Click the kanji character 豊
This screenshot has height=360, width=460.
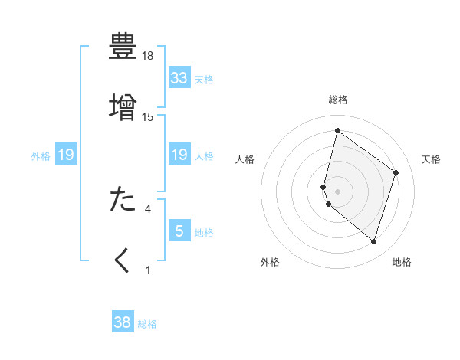pos(123,46)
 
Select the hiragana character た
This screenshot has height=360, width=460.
pos(123,198)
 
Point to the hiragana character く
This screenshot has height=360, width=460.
pos(123,260)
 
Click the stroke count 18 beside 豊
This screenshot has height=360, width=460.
pos(148,57)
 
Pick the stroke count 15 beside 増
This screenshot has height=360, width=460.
pos(148,116)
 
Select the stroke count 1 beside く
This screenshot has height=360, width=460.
pos(148,270)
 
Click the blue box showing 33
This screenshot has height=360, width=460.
pos(179,77)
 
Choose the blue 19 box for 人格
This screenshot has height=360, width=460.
pos(179,155)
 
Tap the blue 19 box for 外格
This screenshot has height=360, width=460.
pos(66,155)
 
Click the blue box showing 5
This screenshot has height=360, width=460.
pos(179,231)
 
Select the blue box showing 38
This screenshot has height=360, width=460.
pos(123,322)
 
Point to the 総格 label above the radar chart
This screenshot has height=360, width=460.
pos(338,100)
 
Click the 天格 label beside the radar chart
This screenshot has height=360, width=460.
pos(431,159)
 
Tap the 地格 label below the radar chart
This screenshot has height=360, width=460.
pos(402,262)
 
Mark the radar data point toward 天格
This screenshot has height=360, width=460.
pos(396,172)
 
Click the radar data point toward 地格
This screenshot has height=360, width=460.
pos(373,242)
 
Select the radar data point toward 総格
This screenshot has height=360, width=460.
pos(337,130)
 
